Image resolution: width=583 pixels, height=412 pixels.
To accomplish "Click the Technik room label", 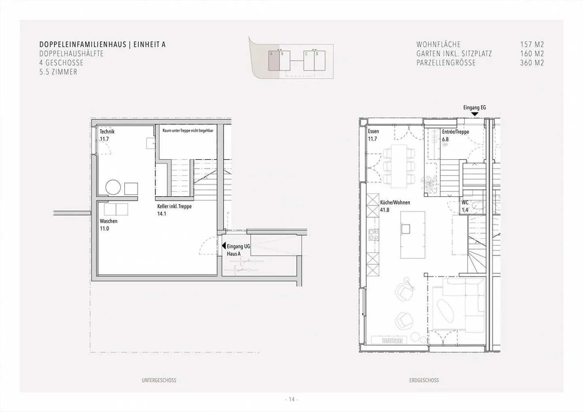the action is tap(107, 132).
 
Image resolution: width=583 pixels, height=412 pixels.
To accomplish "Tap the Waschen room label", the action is tap(109, 221).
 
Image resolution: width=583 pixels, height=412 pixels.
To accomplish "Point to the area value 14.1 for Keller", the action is tap(162, 214).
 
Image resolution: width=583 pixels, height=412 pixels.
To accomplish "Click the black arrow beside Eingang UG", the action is tap(223, 246).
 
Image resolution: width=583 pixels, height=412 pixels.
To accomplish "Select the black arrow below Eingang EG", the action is tap(475, 114).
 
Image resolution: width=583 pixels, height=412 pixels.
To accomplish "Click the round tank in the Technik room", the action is tap(113, 187).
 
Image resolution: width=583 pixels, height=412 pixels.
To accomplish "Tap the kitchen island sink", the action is tap(406, 229).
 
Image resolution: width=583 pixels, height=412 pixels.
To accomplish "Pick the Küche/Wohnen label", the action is tap(395, 202).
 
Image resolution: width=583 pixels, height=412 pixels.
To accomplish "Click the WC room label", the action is tap(465, 203).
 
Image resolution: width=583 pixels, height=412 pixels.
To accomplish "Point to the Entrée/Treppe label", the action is tap(455, 132).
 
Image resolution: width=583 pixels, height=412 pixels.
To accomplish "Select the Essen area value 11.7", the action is tap(372, 139).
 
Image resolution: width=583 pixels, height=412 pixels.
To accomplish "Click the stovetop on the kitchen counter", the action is tap(374, 235).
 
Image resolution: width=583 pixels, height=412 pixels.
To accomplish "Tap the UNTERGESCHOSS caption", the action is tap(159, 380).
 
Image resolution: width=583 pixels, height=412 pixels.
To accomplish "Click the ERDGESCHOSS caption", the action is tap(424, 380).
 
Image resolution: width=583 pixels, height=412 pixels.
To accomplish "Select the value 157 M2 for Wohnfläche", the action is tap(532, 45).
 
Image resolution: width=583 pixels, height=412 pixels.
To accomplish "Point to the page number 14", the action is tap(291, 399).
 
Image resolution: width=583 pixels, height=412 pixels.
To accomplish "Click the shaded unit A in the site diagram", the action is tap(274, 61).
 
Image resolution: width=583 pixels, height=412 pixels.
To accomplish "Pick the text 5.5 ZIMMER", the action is tap(58, 72).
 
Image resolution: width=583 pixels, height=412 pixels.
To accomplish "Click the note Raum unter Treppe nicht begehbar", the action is tap(188, 131).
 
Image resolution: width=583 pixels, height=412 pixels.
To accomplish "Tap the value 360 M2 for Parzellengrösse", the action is tap(532, 63).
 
